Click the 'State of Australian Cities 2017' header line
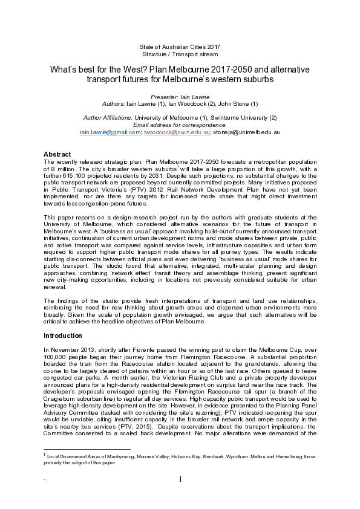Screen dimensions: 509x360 click(x=180, y=47)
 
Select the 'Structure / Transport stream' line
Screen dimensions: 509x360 click(x=180, y=54)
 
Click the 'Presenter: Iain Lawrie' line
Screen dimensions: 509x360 click(x=180, y=97)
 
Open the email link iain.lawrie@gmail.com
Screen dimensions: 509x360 click(x=108, y=131)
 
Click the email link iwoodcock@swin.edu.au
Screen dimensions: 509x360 click(x=177, y=131)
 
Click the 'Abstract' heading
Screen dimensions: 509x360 click(x=57, y=155)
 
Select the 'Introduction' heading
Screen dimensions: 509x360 click(x=64, y=335)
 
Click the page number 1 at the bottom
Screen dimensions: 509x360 click(x=180, y=497)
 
